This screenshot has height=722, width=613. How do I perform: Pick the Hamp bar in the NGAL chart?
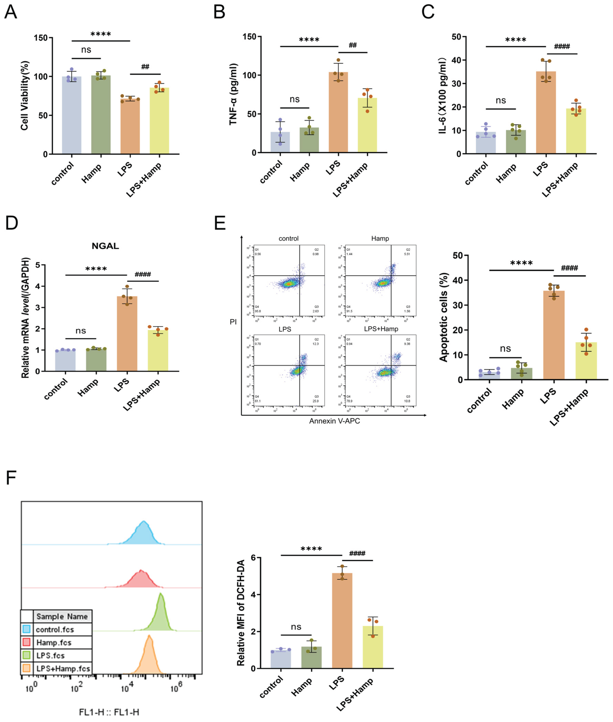96,360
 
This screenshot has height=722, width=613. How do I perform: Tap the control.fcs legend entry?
55,629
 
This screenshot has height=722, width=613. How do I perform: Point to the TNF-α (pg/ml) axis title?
233,94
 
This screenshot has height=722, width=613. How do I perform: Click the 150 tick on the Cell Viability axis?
41,38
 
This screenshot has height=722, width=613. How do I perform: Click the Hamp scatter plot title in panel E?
380,238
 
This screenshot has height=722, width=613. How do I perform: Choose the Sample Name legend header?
62,616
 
